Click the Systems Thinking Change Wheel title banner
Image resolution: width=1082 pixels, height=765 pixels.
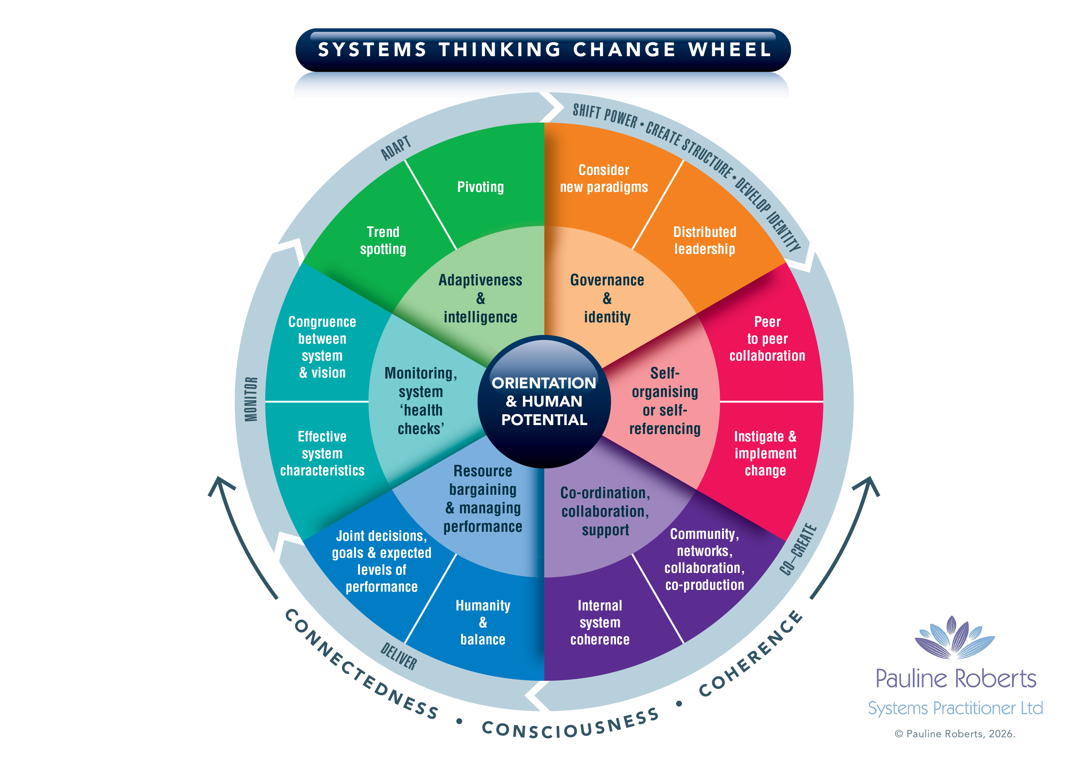543,49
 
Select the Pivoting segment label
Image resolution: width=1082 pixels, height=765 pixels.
480,187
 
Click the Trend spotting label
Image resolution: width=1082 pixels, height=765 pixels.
383,240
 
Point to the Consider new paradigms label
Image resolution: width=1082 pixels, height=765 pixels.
604,179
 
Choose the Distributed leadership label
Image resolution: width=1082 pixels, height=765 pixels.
704,240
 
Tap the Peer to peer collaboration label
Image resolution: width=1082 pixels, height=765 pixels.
767,339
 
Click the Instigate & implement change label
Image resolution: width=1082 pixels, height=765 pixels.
765,453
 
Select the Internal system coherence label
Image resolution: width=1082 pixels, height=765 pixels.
600,623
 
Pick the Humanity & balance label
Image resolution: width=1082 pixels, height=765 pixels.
483,623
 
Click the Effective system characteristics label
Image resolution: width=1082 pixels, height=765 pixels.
322,453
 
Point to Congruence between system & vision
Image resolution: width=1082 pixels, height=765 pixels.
322,347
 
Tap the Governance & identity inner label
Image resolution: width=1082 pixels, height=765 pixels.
607,298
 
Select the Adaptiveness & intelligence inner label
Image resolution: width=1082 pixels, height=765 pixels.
480,298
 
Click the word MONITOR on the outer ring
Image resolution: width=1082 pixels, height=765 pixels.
251,399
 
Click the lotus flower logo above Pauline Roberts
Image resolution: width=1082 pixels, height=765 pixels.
955,638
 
